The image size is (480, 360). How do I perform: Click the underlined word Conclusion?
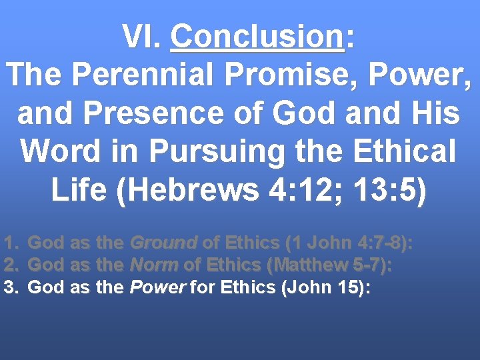pyautogui.click(x=257, y=38)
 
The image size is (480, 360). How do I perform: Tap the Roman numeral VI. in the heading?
pyautogui.click(x=141, y=38)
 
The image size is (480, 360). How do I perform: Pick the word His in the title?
pyautogui.click(x=435, y=113)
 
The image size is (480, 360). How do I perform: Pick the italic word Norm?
pyautogui.click(x=154, y=265)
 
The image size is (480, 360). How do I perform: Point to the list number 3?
pyautogui.click(x=10, y=287)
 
